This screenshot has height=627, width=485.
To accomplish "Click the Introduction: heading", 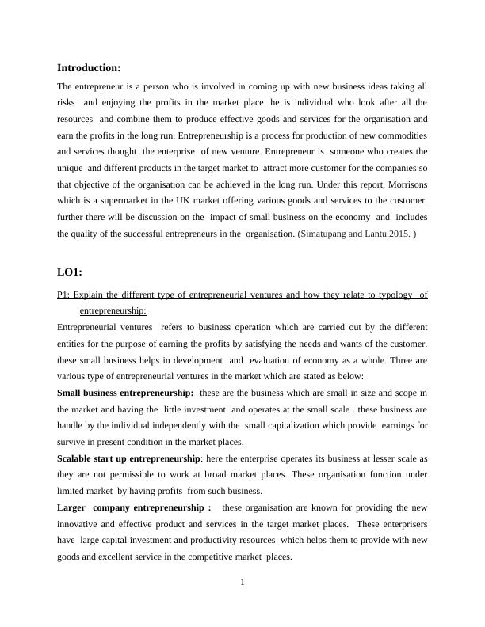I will (x=89, y=68).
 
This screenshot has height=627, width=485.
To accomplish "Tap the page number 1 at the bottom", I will (x=242, y=583).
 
